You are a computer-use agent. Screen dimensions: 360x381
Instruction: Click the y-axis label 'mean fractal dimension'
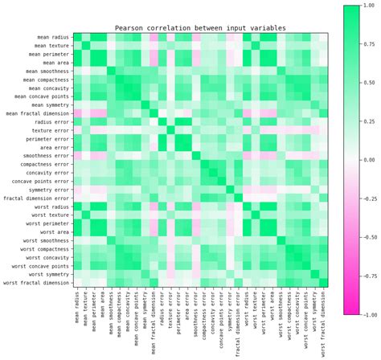(38, 113)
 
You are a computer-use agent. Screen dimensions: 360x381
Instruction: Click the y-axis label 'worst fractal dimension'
(36, 282)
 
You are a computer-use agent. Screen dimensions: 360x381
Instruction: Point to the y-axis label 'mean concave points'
(41, 96)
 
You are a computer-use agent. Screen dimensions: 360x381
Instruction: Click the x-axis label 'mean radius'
(77, 309)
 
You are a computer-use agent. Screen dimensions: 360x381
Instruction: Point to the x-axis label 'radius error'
(162, 310)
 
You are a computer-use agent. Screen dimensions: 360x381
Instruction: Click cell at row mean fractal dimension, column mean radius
(77, 113)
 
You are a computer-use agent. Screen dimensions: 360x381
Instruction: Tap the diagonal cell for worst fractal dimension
(323, 282)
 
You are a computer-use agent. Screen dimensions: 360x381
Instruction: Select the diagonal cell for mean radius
(77, 38)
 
